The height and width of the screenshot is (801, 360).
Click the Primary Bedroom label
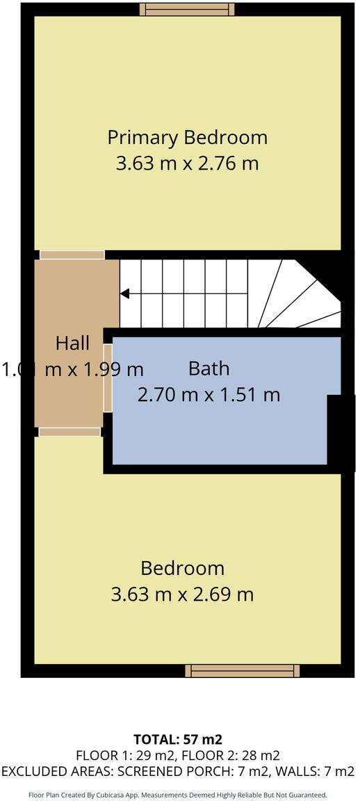187,138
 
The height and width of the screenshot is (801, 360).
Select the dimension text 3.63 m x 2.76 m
187,164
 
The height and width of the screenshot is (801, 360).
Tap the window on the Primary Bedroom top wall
187,9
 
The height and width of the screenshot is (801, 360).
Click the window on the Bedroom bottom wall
243,670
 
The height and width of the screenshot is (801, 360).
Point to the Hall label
72,343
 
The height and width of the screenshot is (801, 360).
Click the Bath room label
208,369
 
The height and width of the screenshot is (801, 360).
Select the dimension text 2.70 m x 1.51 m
208,395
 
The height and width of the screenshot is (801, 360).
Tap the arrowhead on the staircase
124,294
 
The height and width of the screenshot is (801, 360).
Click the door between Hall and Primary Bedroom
72,255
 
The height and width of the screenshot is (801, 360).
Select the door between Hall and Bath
108,377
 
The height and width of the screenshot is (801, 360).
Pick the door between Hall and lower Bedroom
69,432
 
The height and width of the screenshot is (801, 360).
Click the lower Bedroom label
182,568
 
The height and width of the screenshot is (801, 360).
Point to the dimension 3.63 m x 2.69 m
182,594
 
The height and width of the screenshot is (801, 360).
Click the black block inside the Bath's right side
340,431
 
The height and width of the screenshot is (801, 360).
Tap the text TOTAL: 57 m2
178,739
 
